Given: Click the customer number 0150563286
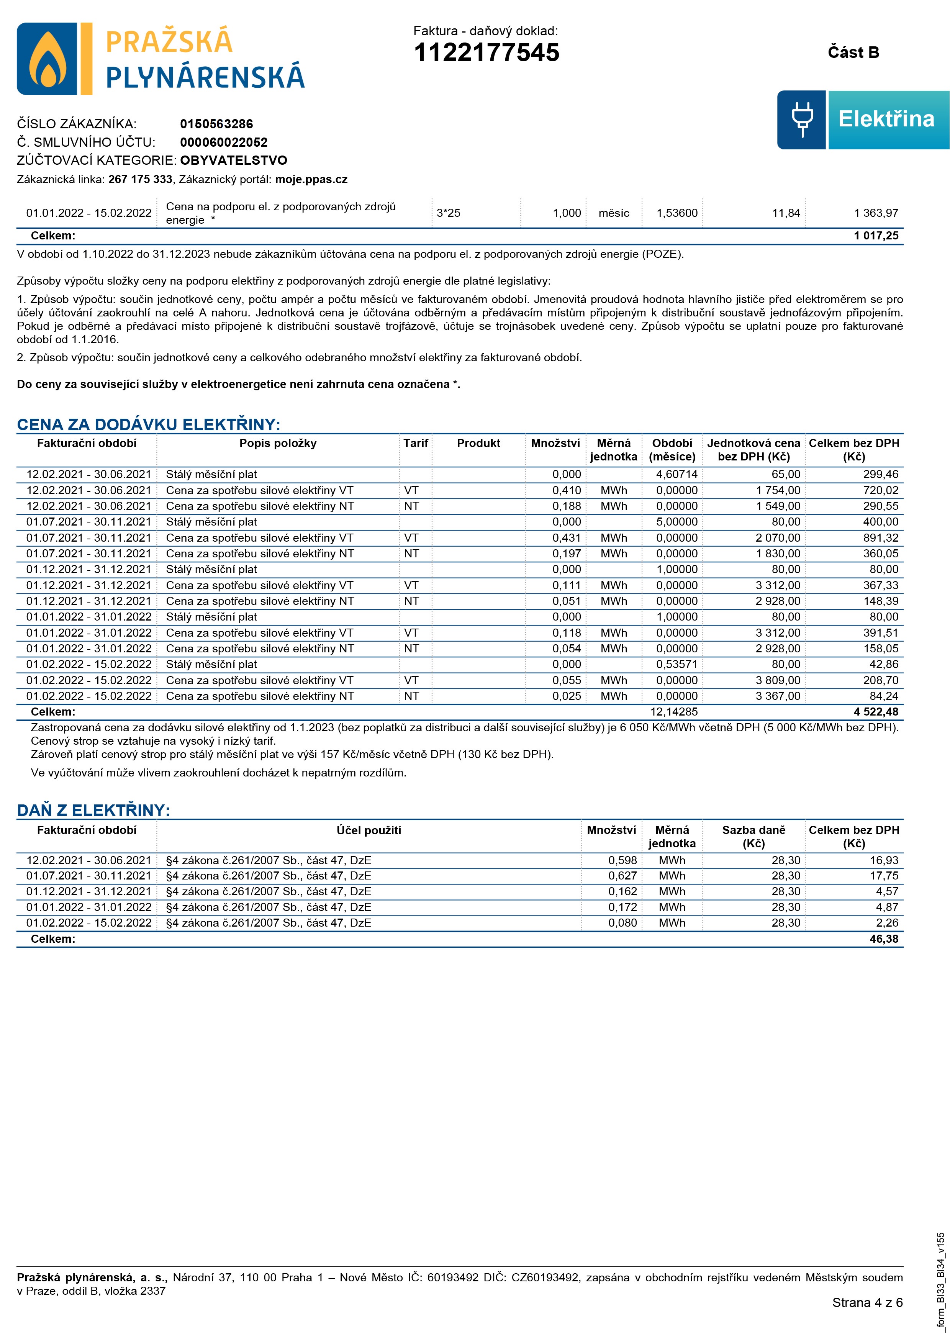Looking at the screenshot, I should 216,124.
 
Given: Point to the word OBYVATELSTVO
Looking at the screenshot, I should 233,160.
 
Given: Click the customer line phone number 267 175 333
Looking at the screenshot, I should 141,180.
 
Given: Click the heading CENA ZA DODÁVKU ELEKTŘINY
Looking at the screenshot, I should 149,425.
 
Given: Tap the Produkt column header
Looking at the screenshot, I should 478,443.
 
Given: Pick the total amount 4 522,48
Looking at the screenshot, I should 876,712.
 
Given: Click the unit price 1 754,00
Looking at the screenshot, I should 778,490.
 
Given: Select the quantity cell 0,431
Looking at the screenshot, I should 567,537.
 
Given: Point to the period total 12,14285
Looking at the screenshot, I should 674,712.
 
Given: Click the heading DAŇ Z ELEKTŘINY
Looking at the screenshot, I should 93,810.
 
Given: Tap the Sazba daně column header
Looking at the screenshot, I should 753,837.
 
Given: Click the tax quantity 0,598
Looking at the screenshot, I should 622,860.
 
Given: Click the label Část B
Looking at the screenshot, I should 853,52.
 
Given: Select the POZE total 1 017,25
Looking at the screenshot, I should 876,236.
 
